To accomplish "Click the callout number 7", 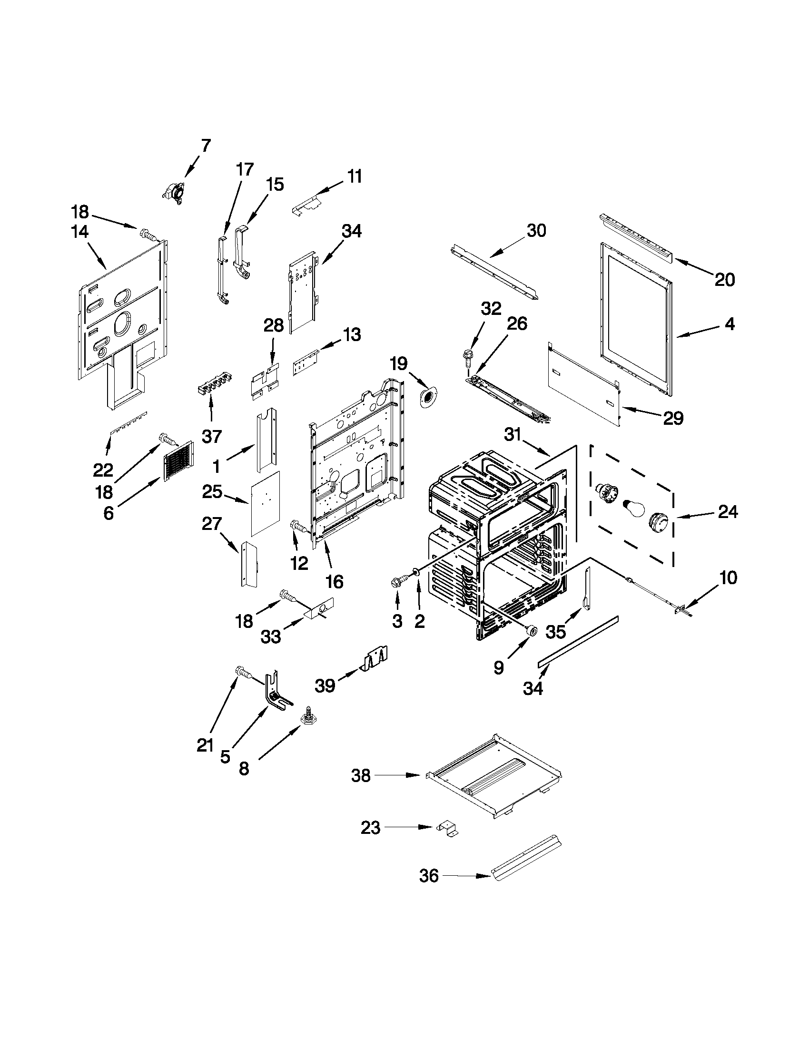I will pos(205,145).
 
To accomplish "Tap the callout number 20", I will pos(724,280).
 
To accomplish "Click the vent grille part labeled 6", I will pos(178,461).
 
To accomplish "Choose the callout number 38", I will pos(361,775).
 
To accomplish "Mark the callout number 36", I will pos(429,876).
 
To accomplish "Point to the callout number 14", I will pos(79,232).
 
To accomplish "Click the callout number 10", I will pos(728,578).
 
